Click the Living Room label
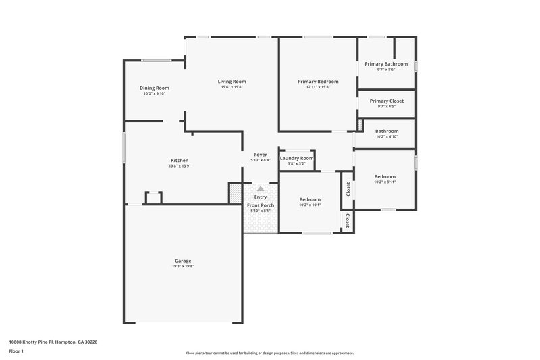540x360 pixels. (x=231, y=82)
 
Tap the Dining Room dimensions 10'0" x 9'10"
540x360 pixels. (x=154, y=94)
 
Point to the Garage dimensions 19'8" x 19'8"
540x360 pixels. (x=183, y=266)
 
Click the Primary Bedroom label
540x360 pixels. (x=318, y=81)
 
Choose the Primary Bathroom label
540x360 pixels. (x=386, y=63)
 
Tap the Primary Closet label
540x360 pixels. (x=386, y=101)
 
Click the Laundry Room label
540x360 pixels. (x=297, y=158)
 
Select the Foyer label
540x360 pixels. (x=260, y=155)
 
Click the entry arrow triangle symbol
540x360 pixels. (x=261, y=189)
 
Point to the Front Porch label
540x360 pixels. (x=260, y=205)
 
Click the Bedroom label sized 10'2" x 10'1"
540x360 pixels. (x=310, y=199)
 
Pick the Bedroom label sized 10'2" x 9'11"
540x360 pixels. (x=385, y=176)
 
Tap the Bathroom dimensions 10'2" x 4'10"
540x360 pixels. (x=387, y=137)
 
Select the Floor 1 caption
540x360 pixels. (x=17, y=352)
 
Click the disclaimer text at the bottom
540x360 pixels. (x=270, y=353)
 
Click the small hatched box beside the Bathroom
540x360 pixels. (x=360, y=126)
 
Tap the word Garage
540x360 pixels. (x=183, y=261)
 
